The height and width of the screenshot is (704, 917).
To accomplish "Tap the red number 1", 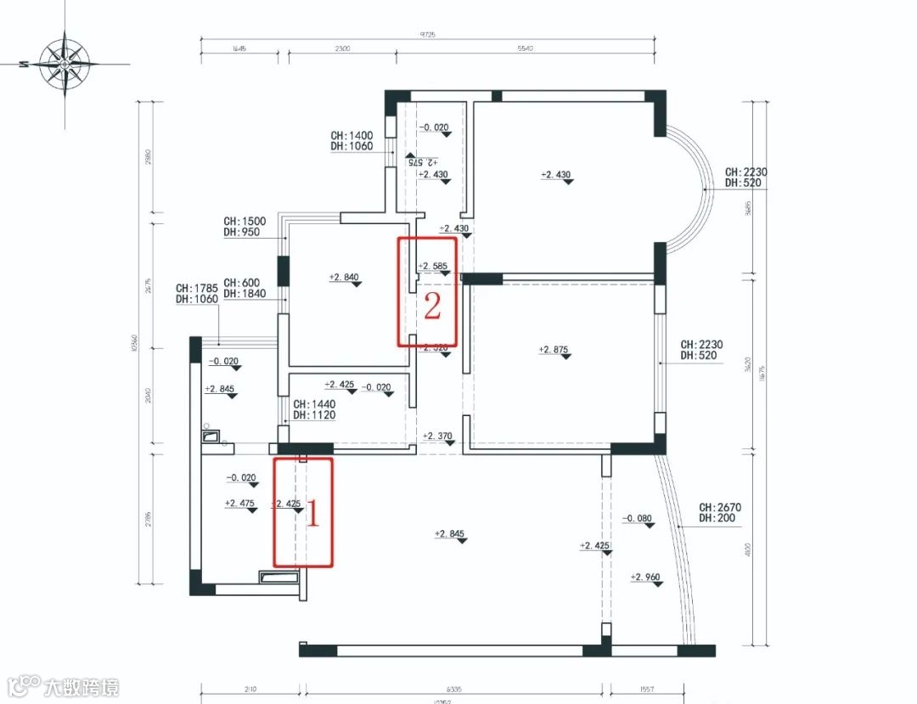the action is coord(312,514).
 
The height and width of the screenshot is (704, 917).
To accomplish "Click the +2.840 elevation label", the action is coord(344,277).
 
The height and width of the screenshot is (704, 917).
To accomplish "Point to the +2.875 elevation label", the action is coord(554,349).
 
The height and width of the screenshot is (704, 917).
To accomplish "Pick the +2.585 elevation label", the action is coord(433,266).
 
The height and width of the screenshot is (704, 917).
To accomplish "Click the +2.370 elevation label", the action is coord(438,436).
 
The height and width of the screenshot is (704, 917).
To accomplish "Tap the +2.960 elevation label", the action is coord(646,577).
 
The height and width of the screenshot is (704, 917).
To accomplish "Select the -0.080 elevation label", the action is coord(638,518).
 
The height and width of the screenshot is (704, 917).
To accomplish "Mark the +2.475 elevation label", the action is coord(239,504).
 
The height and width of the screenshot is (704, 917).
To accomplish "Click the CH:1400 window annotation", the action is coord(352,135).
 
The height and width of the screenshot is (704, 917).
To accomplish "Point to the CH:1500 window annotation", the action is coord(245,222).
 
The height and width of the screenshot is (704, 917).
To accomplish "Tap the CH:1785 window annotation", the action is coord(197,288).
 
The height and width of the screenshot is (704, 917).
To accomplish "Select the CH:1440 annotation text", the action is coord(314,405).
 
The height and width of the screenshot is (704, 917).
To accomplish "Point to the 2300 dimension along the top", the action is coord(341,49).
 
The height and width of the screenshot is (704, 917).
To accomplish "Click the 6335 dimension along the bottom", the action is coord(452,689).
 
